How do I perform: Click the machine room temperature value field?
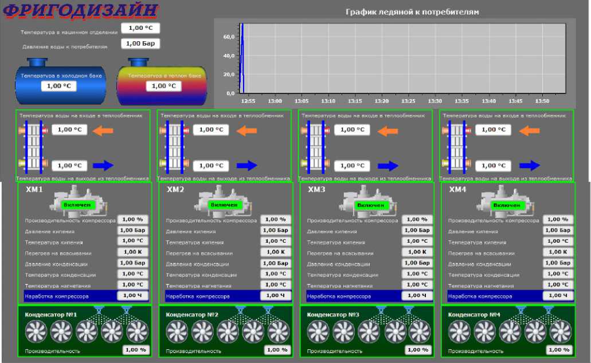[140, 27]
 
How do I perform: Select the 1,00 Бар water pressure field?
[140, 44]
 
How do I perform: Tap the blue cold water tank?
[60, 83]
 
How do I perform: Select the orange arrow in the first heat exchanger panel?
[103, 131]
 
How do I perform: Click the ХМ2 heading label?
[175, 190]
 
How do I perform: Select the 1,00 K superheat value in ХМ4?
[557, 252]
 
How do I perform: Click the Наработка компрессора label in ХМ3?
[339, 297]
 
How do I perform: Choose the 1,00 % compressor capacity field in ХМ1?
[133, 219]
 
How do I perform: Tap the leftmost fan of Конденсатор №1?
[36, 332]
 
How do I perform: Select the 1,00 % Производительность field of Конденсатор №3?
[417, 350]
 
